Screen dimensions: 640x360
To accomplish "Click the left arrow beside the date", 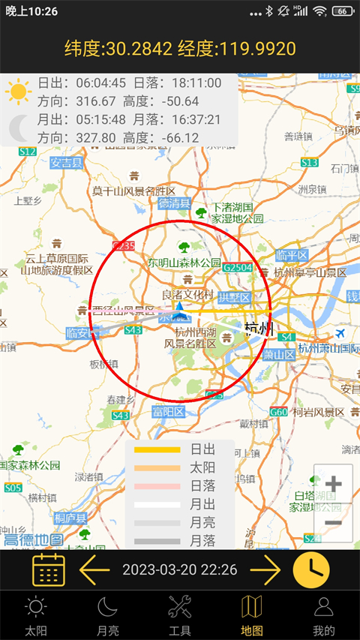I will pyautogui.click(x=94, y=570).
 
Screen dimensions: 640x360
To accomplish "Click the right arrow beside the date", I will pyautogui.click(x=265, y=570).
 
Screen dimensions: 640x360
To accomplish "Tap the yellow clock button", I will pyautogui.click(x=311, y=570).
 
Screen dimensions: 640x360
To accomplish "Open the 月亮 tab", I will pyautogui.click(x=108, y=615).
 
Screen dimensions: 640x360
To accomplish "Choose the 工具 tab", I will pyautogui.click(x=180, y=615).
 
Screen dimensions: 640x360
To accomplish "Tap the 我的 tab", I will pyautogui.click(x=324, y=615).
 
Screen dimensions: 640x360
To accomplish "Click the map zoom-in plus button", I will pyautogui.click(x=333, y=484).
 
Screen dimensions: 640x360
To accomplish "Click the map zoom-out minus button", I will pyautogui.click(x=333, y=523).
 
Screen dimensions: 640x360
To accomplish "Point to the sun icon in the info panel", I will pyautogui.click(x=19, y=91).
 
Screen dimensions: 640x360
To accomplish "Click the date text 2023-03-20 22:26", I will pyautogui.click(x=180, y=570).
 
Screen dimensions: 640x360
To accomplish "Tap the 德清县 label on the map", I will pyautogui.click(x=175, y=203).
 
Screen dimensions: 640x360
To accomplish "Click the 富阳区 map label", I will pyautogui.click(x=169, y=411).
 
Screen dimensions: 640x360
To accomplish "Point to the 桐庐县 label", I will pyautogui.click(x=70, y=518).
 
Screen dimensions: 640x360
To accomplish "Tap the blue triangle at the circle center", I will pyautogui.click(x=179, y=306).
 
